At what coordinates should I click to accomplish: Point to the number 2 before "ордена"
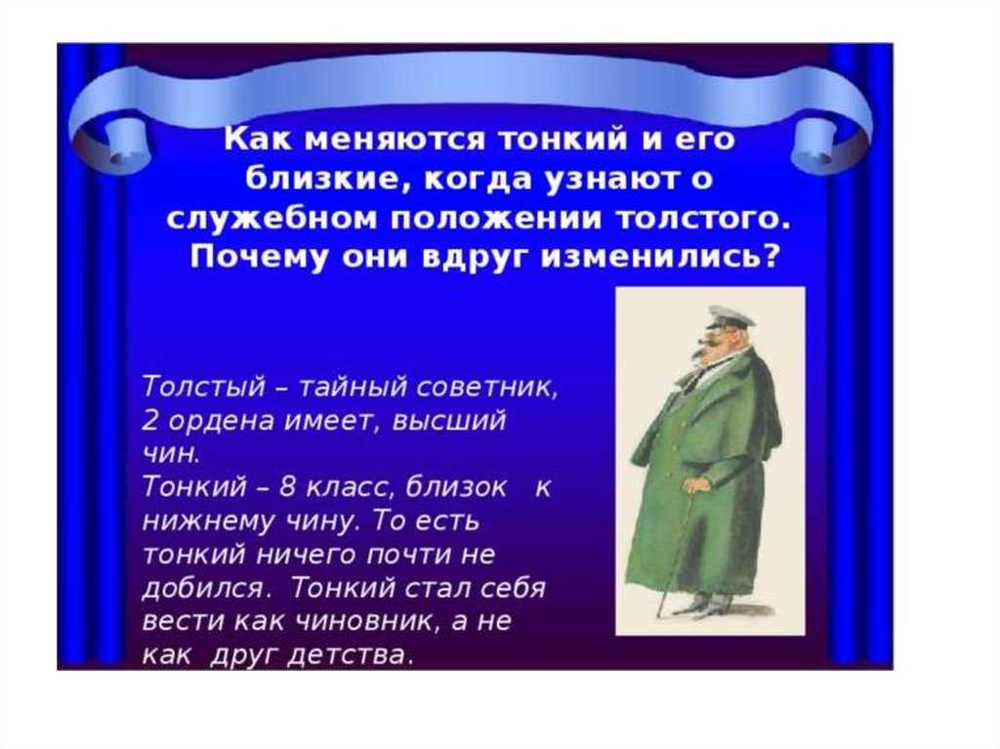(x=149, y=421)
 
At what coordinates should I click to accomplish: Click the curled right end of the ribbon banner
(x=826, y=137)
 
